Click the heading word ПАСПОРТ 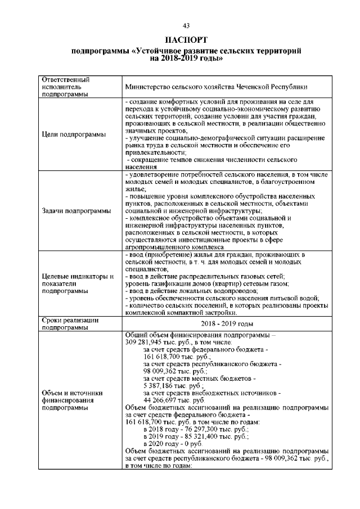coord(186,40)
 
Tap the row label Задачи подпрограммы coord(76,211)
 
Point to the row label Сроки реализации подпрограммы coord(70,323)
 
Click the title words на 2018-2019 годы coord(186,58)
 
